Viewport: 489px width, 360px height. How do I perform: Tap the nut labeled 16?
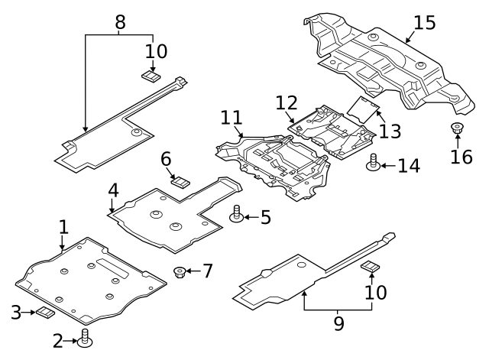[458, 128]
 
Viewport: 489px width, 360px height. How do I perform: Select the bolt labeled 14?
[374, 163]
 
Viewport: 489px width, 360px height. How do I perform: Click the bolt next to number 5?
[237, 215]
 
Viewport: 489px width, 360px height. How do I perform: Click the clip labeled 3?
[45, 312]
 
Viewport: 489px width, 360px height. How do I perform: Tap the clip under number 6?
[180, 181]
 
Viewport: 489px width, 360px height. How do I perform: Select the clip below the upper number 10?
[151, 76]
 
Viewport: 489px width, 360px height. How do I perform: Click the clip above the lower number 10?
[371, 266]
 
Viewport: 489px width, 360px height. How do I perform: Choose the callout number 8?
[120, 22]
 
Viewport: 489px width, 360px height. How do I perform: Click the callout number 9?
[338, 324]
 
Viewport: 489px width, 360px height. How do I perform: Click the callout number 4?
[112, 190]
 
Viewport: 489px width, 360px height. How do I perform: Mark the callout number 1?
[63, 227]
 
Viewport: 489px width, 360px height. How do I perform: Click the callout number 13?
[390, 131]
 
